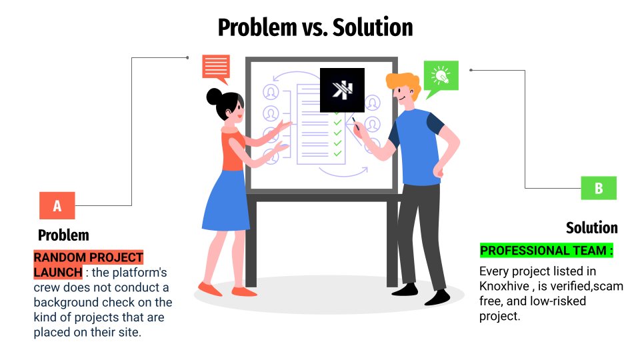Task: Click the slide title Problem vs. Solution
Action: tap(315, 27)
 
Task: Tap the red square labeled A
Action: tap(57, 206)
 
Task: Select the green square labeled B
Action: tap(598, 189)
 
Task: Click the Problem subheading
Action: tap(63, 235)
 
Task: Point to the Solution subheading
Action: tap(591, 228)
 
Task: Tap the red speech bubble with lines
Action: tap(216, 67)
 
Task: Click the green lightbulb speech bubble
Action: tap(441, 77)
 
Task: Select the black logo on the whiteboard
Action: tap(342, 90)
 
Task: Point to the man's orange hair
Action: tap(402, 83)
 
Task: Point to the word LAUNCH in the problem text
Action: tap(57, 273)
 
